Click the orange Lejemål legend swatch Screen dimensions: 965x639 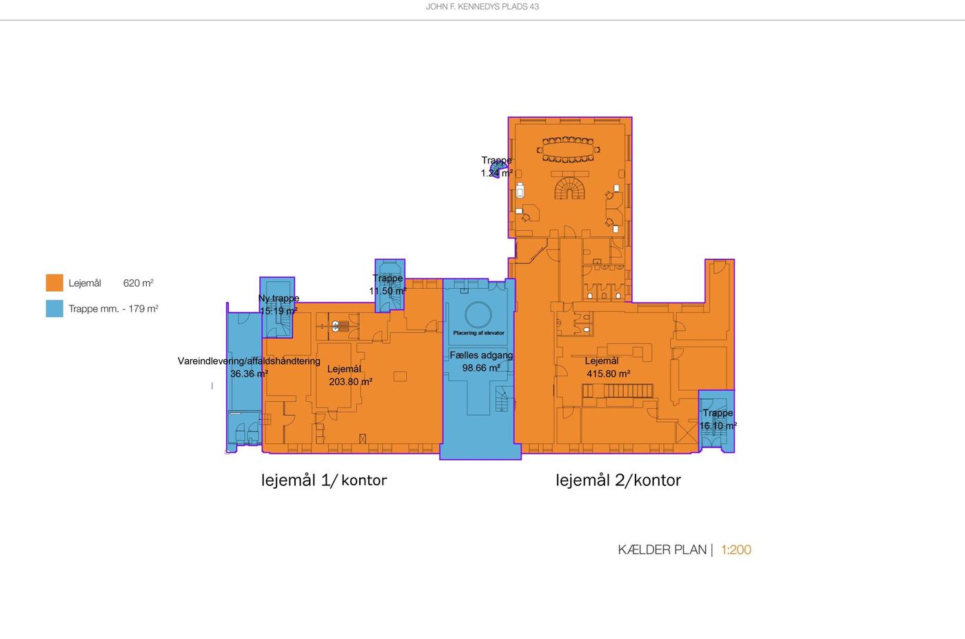pyautogui.click(x=54, y=283)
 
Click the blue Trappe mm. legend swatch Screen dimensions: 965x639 pyautogui.click(x=54, y=309)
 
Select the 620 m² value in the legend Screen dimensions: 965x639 pyautogui.click(x=139, y=283)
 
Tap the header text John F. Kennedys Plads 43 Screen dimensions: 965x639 pyautogui.click(x=482, y=6)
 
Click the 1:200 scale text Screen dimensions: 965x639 pyautogui.click(x=736, y=550)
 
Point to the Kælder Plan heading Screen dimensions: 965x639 pyautogui.click(x=662, y=550)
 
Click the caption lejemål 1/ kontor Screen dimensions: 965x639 pyautogui.click(x=324, y=480)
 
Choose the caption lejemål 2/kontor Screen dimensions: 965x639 pyautogui.click(x=618, y=480)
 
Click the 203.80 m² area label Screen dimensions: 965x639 pyautogui.click(x=351, y=382)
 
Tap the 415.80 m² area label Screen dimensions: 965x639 pyautogui.click(x=608, y=374)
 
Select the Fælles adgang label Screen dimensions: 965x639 pyautogui.click(x=481, y=356)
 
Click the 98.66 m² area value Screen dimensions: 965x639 pyautogui.click(x=481, y=368)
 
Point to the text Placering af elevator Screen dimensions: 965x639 pyautogui.click(x=478, y=333)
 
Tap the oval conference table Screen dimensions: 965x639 pyautogui.click(x=568, y=150)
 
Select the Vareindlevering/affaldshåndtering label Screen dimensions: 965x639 pyautogui.click(x=249, y=361)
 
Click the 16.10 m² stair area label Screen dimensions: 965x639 pyautogui.click(x=718, y=426)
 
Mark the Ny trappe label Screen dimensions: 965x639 pyautogui.click(x=278, y=298)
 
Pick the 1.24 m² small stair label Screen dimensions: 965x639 pyautogui.click(x=497, y=173)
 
